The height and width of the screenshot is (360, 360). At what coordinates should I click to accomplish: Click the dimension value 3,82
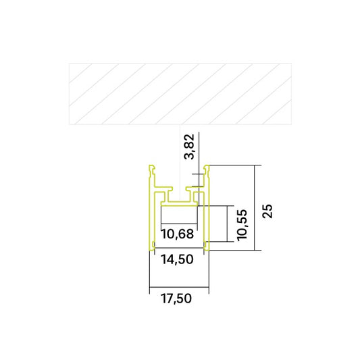point(190,147)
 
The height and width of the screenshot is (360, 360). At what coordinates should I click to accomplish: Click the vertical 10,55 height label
point(243,225)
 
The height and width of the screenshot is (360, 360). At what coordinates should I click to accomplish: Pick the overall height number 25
point(267,210)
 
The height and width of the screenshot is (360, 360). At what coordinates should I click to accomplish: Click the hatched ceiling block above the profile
point(180,95)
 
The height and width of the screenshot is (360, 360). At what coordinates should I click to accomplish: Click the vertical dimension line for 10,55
point(225,224)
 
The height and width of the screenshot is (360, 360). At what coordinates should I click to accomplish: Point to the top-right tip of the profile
point(207,167)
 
